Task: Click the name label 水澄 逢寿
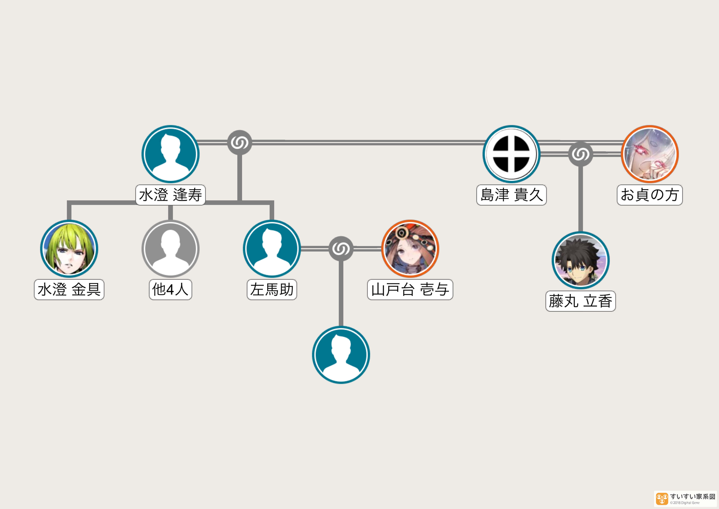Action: pyautogui.click(x=170, y=195)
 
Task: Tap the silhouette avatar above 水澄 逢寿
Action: pyautogui.click(x=170, y=154)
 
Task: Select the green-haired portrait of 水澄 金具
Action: pyautogui.click(x=69, y=249)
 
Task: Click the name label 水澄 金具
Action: pyautogui.click(x=69, y=289)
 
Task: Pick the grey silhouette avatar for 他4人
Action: pyautogui.click(x=170, y=249)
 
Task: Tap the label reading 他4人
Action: pyautogui.click(x=170, y=289)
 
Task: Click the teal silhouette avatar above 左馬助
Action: pyautogui.click(x=272, y=249)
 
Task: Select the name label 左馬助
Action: pyautogui.click(x=272, y=289)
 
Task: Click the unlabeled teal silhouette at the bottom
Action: pyautogui.click(x=341, y=355)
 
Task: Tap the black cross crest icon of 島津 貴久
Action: pyautogui.click(x=511, y=154)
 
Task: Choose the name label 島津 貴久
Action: pyautogui.click(x=511, y=195)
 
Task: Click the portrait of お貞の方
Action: pyautogui.click(x=650, y=154)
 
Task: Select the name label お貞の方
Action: pyautogui.click(x=650, y=195)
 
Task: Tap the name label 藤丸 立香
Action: pyautogui.click(x=581, y=301)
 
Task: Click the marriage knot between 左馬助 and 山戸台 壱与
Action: pyautogui.click(x=341, y=249)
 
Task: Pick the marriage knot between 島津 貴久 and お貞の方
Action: pyautogui.click(x=581, y=154)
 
